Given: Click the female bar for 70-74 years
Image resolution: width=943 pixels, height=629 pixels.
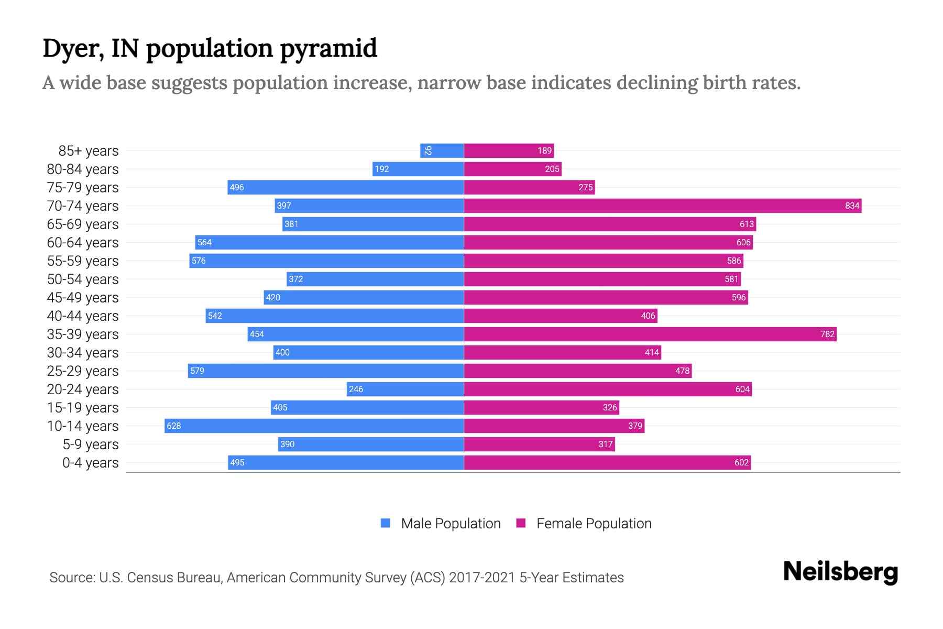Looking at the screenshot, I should [x=662, y=205].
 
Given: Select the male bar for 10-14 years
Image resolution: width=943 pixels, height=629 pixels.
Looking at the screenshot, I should [x=314, y=426].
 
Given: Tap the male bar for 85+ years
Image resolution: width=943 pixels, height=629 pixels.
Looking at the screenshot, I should [x=442, y=150].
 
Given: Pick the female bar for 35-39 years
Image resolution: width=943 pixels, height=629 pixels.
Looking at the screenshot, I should [x=650, y=334].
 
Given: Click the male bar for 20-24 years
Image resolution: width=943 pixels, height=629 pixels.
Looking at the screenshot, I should [x=405, y=389].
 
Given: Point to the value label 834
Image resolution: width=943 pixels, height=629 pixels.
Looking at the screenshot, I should [x=852, y=205].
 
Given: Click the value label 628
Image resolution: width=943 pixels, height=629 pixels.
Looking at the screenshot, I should [x=173, y=426].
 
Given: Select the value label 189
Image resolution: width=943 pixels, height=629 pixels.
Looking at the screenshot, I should [x=544, y=150].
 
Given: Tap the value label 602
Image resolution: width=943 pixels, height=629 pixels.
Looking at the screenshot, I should [x=741, y=462].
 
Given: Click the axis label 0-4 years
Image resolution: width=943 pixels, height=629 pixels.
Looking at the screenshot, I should [x=90, y=462].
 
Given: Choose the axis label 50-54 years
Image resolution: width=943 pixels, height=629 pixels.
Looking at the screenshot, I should [x=83, y=279].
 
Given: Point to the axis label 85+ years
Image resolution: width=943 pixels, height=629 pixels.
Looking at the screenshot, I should [x=89, y=150].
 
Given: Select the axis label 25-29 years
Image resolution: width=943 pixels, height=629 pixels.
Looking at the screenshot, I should [x=83, y=371].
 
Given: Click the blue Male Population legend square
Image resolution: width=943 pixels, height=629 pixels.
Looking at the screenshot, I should [x=386, y=523].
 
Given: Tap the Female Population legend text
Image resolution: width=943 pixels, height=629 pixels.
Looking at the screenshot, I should [x=594, y=523].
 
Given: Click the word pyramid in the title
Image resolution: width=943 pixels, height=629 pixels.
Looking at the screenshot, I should [x=328, y=48].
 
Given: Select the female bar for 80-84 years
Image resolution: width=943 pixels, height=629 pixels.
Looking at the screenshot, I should [x=512, y=169].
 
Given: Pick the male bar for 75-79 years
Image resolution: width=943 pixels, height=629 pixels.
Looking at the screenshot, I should [x=346, y=187].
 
